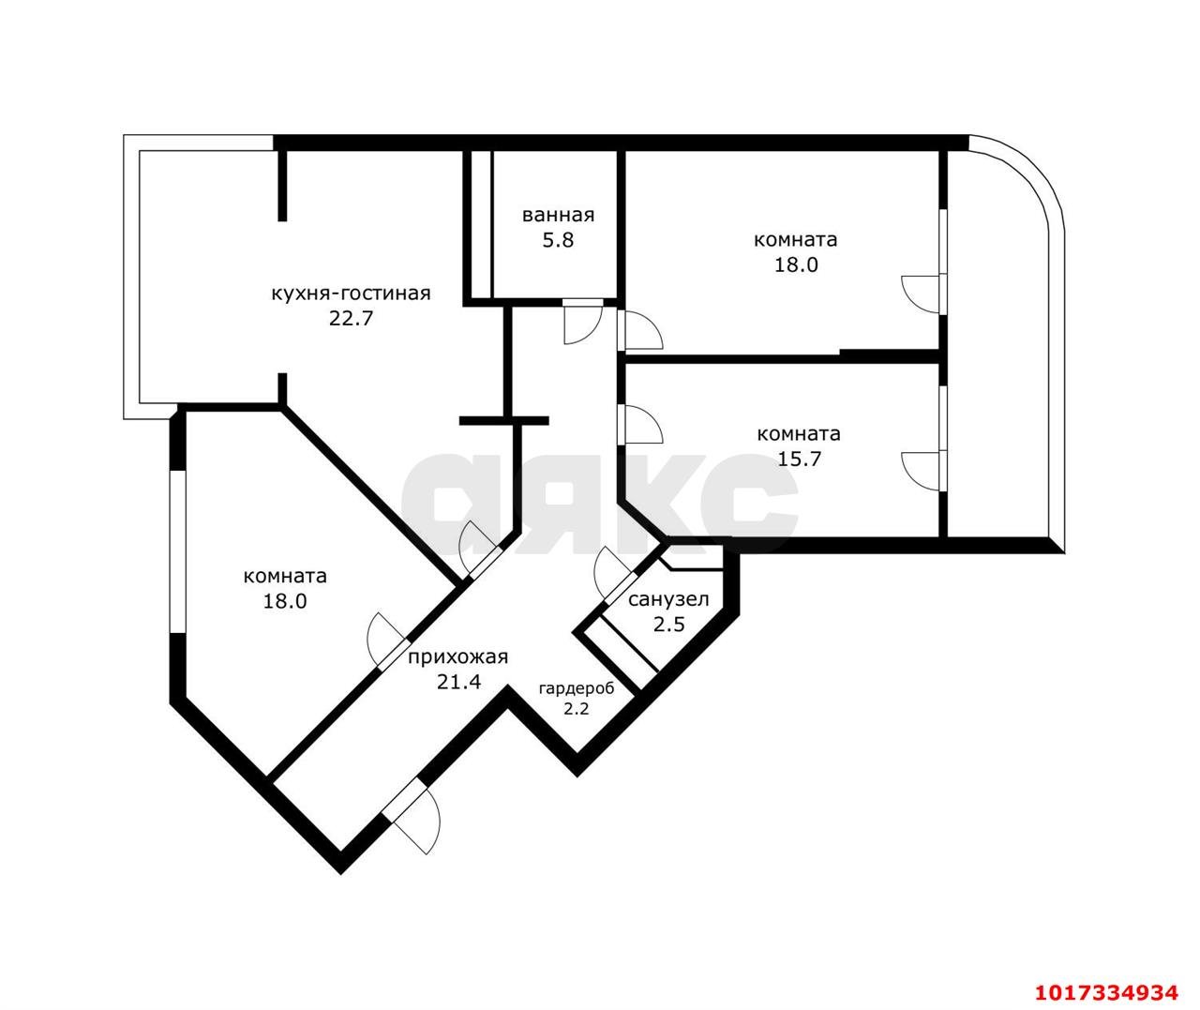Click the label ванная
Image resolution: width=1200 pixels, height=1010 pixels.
(x=558, y=216)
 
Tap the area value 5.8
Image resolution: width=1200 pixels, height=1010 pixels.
(x=558, y=240)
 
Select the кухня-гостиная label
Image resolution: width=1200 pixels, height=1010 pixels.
(x=351, y=294)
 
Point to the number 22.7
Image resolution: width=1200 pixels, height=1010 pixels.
(x=351, y=319)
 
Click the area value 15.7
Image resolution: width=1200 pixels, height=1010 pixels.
(x=799, y=460)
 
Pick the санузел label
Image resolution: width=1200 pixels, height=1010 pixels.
(x=668, y=599)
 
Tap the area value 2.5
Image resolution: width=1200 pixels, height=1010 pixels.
(x=669, y=625)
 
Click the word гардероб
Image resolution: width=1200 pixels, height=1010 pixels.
(x=576, y=688)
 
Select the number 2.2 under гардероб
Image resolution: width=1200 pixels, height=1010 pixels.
(x=576, y=709)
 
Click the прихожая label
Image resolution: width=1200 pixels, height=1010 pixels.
(x=458, y=657)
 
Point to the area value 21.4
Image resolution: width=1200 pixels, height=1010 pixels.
(x=458, y=682)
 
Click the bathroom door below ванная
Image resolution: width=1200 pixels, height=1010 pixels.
(x=583, y=322)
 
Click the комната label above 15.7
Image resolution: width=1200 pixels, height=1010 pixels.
(x=798, y=434)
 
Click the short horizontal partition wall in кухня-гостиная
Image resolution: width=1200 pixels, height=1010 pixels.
(x=504, y=421)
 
